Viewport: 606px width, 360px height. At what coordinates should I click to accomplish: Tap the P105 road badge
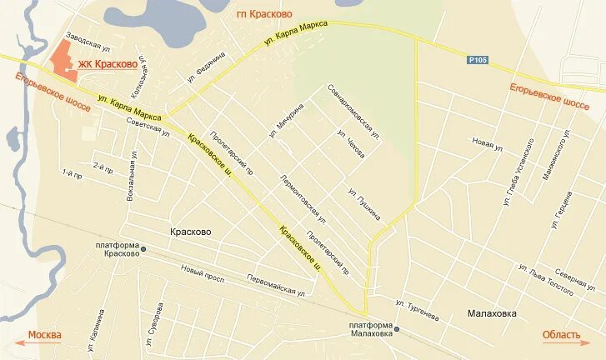[x=477, y=60]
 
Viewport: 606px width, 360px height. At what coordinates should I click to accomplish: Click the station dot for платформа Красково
[x=143, y=248]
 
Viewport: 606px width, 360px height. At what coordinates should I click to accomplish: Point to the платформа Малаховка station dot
[x=396, y=328]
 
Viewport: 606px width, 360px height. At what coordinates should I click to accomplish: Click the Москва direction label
[x=45, y=335]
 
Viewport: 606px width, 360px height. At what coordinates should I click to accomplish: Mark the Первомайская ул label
[x=277, y=287]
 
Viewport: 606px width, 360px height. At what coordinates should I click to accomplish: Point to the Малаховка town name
[x=487, y=313]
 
